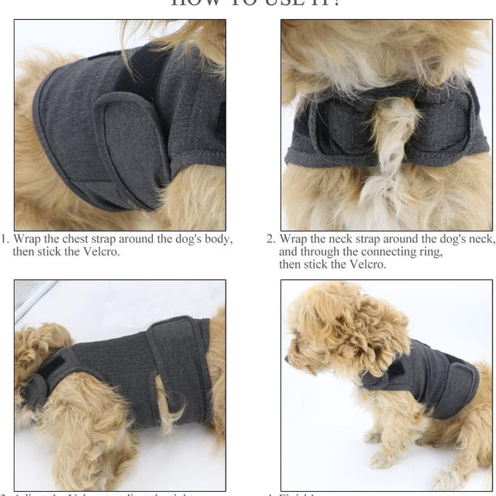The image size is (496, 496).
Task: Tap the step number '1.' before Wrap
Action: pos(5,239)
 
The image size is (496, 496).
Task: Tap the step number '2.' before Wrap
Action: pos(270,239)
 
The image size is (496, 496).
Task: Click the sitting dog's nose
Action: pos(288,360)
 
